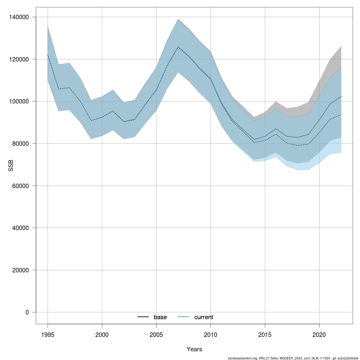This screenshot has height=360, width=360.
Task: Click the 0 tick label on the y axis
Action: (27, 312)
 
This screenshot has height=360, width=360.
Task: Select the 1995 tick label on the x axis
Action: (48, 334)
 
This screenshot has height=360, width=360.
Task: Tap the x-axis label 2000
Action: (102, 334)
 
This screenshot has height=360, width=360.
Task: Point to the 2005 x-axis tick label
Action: (156, 334)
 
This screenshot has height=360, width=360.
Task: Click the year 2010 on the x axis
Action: (211, 334)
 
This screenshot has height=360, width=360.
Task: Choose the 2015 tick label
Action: (265, 334)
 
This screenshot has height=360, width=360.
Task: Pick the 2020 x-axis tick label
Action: (319, 334)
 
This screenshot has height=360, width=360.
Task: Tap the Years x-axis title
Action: (194, 349)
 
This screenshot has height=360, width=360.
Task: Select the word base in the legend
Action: (160, 317)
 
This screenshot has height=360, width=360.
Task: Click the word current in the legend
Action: (204, 317)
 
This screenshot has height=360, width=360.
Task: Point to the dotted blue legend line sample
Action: (184, 317)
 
